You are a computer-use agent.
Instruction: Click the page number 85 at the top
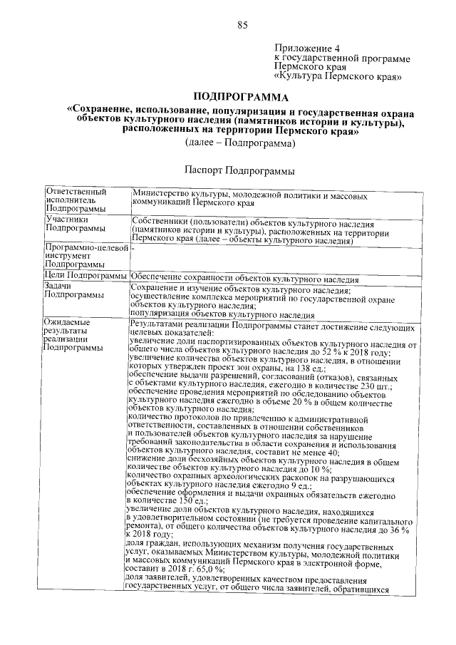coord(242,26)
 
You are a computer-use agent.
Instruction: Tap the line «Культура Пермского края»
coord(338,75)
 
